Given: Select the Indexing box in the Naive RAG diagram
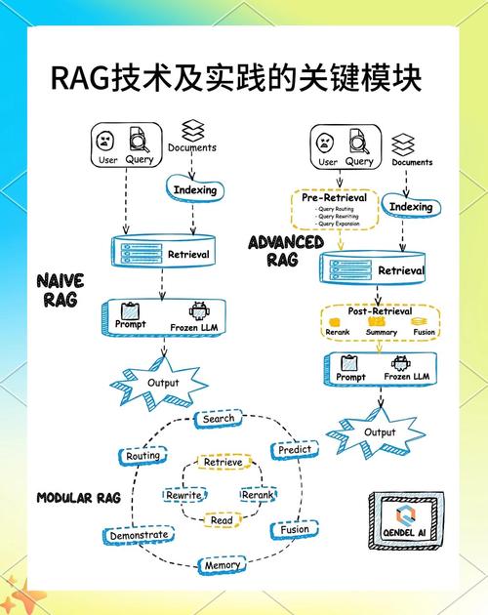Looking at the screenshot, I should pos(195,190).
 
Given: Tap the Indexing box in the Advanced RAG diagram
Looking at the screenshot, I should pos(410,207).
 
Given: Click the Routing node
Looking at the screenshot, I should pos(144,456).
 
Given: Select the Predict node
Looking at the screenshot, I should pos(294,450).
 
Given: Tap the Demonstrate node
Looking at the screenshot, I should pos(139,535).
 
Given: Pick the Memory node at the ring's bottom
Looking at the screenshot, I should pos(222,565).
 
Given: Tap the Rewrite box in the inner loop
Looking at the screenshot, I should pos(183,495).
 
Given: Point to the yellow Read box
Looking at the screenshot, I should pos(222,520).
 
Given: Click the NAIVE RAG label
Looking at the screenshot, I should pos(61,290).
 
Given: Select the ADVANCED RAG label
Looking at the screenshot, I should pos(286,250).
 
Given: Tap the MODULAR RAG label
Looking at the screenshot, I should pos(78,498).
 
